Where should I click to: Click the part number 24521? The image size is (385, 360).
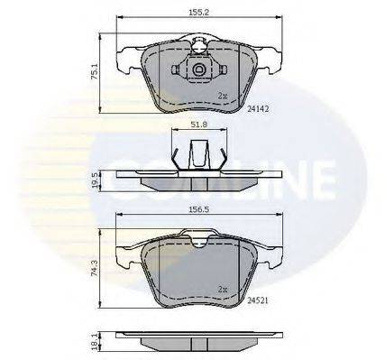point(257,304)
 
